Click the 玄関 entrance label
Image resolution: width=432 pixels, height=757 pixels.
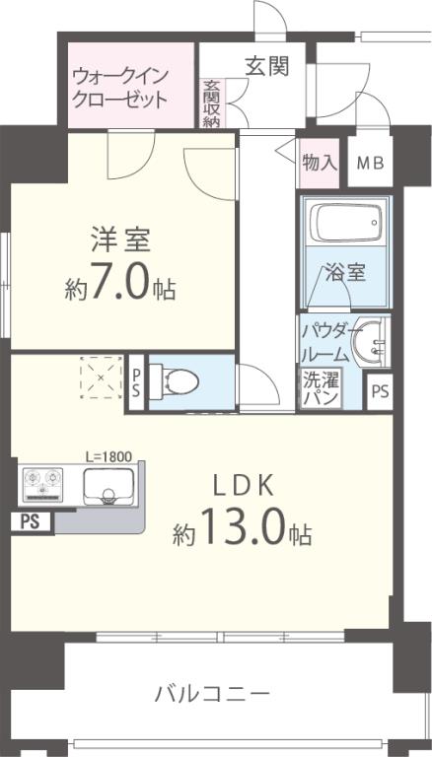click(x=266, y=67)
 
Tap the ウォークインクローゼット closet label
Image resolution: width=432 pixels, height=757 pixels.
click(x=119, y=87)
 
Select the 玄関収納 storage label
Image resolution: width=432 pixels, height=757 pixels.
click(x=212, y=104)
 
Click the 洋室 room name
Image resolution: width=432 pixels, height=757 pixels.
click(x=121, y=241)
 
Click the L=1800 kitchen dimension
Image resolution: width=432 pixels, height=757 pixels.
click(x=108, y=457)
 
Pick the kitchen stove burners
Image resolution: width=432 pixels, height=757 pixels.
click(x=43, y=484)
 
